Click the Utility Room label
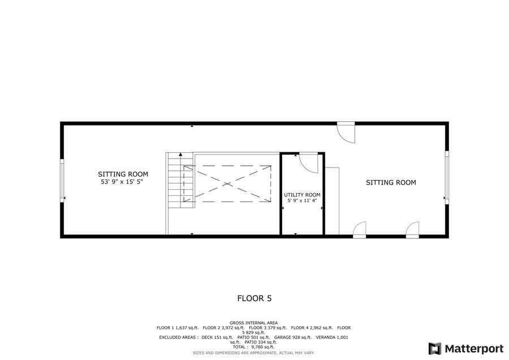pos(302,195)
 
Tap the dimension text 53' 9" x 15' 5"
pos(122,182)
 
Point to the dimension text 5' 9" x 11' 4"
pos(302,201)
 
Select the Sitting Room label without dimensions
pos(391,183)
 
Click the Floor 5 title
pos(255,298)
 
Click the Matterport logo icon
pos(435,349)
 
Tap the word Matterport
pos(475,349)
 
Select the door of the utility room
pos(308,163)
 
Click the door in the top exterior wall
pos(346,132)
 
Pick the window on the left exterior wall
pos(62,181)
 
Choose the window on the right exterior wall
pos(447,177)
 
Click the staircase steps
pos(180,181)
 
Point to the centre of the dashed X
pos(227,184)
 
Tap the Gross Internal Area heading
pos(253,323)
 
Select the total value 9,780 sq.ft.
pos(262,347)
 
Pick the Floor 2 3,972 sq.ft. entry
pos(223,328)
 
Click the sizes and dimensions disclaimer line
pos(253,353)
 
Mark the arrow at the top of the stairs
pos(181,155)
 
